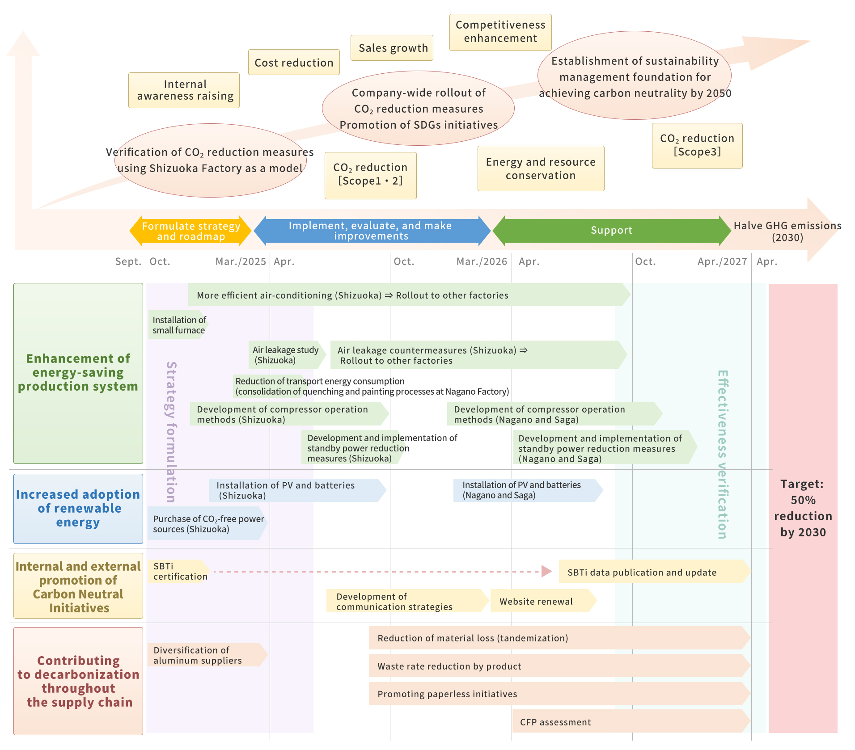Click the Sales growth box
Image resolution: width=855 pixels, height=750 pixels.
click(392, 48)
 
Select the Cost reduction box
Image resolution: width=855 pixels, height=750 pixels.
click(294, 63)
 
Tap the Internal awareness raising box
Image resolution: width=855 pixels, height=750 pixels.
click(184, 90)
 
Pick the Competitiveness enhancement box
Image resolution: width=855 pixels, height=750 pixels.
click(500, 32)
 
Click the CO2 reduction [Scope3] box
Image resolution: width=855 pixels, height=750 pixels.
click(697, 146)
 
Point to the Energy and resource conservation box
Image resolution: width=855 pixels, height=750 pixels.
click(541, 169)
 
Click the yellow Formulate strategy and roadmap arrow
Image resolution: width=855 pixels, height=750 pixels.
click(191, 231)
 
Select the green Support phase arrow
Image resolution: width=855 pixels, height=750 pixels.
click(611, 231)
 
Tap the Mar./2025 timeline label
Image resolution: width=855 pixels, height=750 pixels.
click(241, 261)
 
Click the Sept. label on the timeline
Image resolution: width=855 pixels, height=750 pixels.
click(128, 261)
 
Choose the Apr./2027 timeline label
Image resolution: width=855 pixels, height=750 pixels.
click(722, 261)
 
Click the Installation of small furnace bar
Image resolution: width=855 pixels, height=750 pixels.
click(178, 325)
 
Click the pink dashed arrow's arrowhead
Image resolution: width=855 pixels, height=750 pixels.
click(546, 571)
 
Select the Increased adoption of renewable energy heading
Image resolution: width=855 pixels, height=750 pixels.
click(78, 509)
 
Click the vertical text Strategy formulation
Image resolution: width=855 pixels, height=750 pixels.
click(171, 431)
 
